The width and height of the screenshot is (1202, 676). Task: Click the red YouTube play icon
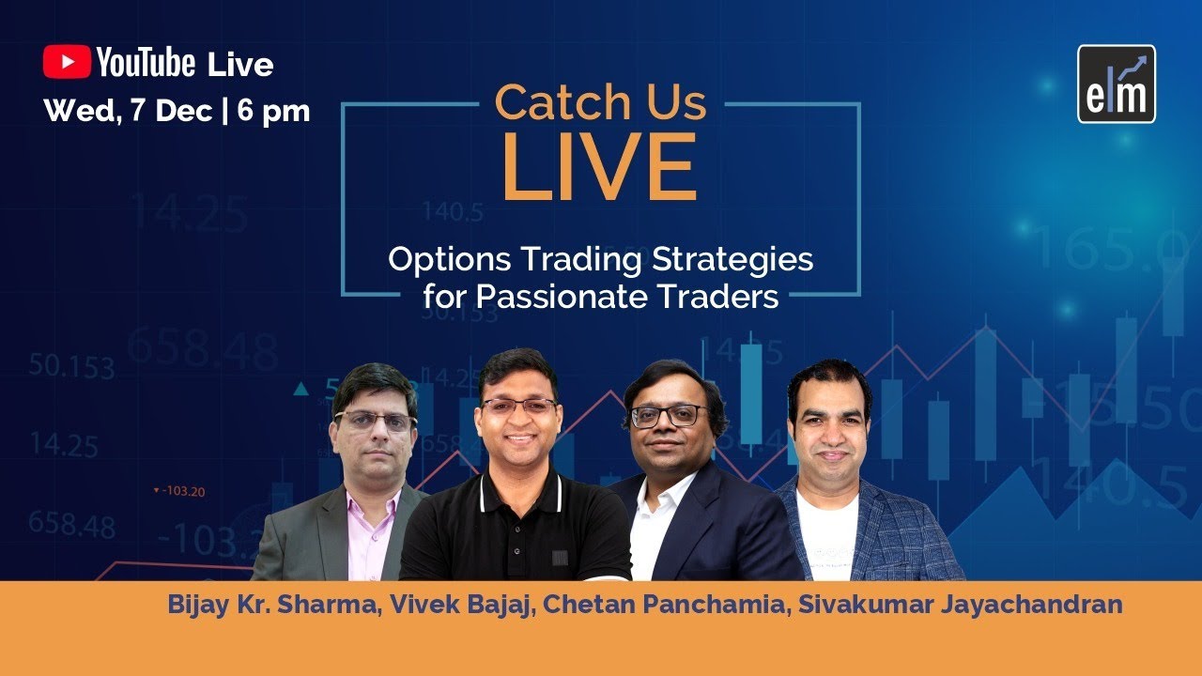(67, 62)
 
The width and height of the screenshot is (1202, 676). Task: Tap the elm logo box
(1117, 84)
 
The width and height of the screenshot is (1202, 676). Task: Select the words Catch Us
(600, 102)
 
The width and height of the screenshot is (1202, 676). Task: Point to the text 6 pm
(273, 111)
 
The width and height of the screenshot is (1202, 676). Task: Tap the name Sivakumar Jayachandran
(960, 604)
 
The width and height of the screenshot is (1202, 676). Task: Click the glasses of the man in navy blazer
(669, 416)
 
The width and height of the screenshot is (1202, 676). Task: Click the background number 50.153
(71, 366)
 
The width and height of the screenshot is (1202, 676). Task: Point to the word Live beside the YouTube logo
(240, 64)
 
